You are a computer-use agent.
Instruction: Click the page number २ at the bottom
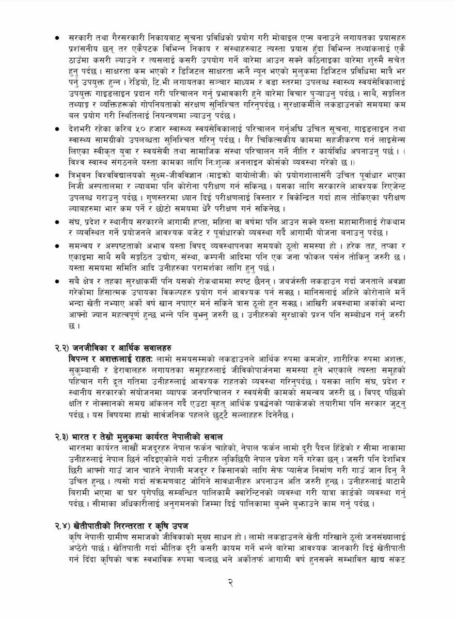230,583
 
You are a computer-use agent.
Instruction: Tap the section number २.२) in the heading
62,348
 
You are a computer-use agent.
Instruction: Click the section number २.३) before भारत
62,437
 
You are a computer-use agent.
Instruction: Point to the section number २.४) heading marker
62,526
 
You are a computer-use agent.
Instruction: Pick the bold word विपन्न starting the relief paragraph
81,359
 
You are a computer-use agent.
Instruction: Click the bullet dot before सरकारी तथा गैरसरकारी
58,37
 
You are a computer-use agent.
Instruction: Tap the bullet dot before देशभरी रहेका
58,129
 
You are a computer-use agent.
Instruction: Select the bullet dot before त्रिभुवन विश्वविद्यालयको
58,175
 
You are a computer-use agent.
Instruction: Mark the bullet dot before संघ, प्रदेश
58,221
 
